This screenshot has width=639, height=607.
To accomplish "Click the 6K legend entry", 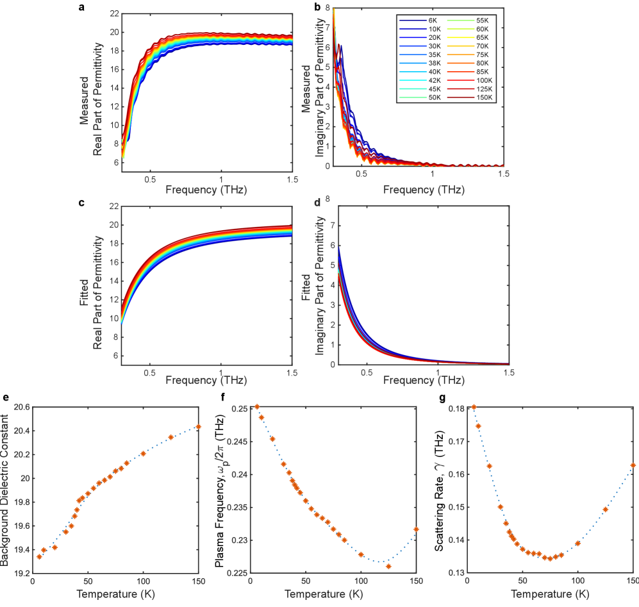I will [x=433, y=21].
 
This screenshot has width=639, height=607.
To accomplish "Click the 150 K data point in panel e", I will [x=199, y=427].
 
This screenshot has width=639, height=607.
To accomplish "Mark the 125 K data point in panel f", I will [x=388, y=567].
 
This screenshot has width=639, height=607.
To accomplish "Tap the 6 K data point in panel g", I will [x=474, y=407].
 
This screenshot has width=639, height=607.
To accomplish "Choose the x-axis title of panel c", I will [x=205, y=380].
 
